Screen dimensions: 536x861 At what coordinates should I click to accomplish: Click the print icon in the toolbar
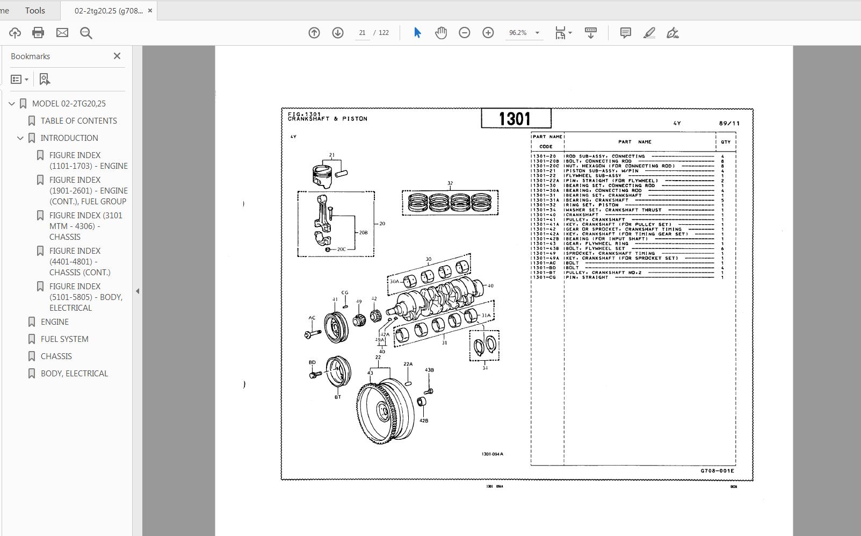click(x=38, y=33)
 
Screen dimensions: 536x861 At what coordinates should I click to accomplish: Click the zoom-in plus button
click(x=488, y=33)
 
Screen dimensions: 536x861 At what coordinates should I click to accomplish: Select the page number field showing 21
click(x=363, y=33)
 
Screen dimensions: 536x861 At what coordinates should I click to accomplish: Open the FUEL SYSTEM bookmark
click(x=64, y=339)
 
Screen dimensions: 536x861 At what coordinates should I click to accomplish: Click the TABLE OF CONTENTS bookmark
click(x=78, y=120)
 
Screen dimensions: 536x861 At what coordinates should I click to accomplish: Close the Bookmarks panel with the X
click(x=117, y=56)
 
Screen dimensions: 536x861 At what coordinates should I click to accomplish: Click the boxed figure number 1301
click(x=516, y=118)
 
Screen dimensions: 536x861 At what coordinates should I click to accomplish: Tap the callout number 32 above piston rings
click(x=450, y=183)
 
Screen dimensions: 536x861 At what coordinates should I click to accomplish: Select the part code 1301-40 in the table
click(x=545, y=215)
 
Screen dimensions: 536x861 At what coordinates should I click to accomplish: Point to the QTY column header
click(x=725, y=142)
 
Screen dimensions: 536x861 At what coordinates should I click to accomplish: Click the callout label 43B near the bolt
click(x=429, y=370)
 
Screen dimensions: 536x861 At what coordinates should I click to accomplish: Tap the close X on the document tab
click(x=150, y=10)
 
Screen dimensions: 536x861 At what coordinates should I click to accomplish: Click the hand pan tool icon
click(x=440, y=33)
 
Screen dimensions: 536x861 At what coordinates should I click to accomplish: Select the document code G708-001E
click(x=717, y=471)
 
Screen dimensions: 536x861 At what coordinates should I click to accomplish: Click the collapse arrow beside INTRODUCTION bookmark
click(x=20, y=138)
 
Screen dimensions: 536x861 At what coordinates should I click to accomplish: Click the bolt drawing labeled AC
click(x=313, y=334)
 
